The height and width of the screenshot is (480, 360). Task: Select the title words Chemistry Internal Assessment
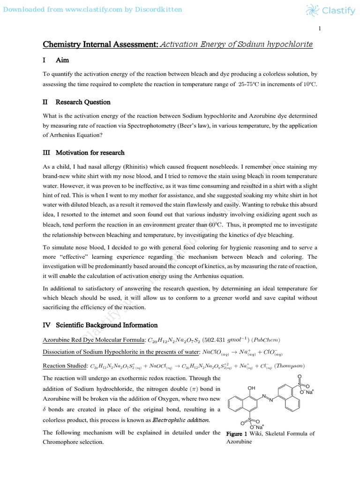tap(100, 45)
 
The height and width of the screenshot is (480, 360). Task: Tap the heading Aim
tap(62, 60)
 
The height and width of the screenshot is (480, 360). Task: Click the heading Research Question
tap(83, 102)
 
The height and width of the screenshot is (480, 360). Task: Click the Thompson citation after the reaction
tap(290, 366)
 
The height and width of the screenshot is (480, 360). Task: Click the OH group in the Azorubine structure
tap(251, 388)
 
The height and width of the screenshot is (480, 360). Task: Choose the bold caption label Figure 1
tap(236, 434)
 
